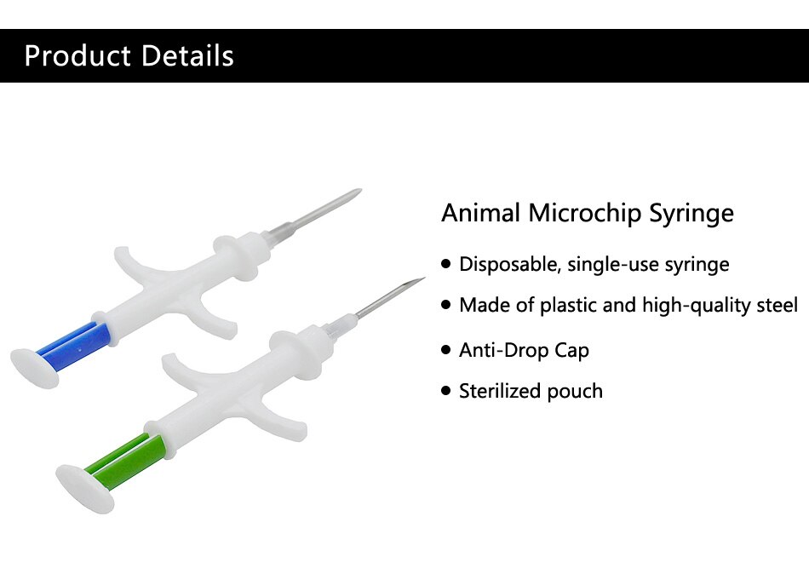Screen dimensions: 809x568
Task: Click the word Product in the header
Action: click(x=77, y=55)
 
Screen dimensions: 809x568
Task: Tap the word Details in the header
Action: click(x=188, y=55)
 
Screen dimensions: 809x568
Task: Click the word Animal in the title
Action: click(x=481, y=213)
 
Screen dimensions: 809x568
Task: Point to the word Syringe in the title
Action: click(x=691, y=214)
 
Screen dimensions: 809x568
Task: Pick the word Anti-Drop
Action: click(x=503, y=350)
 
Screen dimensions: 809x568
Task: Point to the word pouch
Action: click(x=575, y=392)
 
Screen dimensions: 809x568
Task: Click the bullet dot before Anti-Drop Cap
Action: click(x=446, y=350)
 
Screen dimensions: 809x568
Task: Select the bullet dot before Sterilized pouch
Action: click(x=446, y=391)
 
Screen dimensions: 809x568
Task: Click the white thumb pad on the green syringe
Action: click(x=84, y=489)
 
